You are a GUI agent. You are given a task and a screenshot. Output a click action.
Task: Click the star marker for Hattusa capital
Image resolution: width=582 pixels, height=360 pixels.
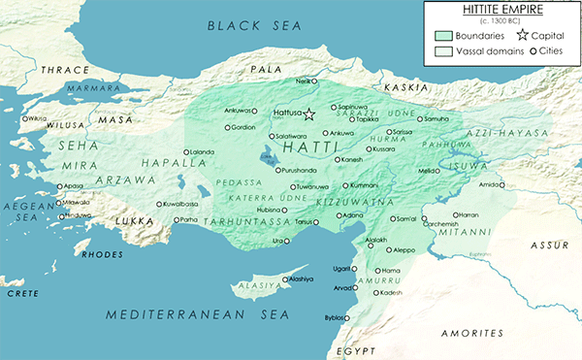(x=309, y=115)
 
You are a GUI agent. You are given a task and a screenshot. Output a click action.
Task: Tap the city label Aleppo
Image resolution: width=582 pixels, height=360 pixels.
(x=403, y=250)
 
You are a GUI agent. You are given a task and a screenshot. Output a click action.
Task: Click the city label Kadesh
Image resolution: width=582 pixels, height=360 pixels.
(x=391, y=292)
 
